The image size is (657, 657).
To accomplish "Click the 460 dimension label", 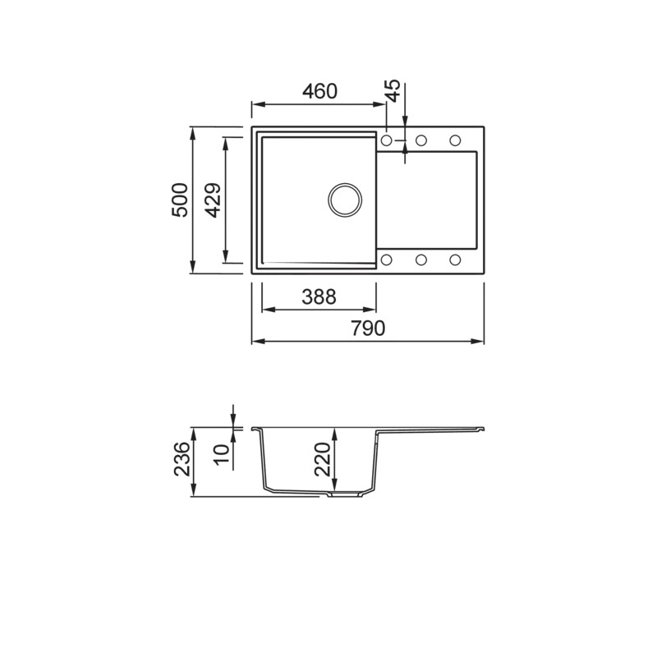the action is [319, 91].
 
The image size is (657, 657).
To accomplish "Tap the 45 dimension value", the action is [393, 90].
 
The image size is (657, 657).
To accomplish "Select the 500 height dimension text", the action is [180, 200].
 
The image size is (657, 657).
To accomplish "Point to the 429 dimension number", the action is [214, 200].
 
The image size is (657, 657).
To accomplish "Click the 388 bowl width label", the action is [319, 296].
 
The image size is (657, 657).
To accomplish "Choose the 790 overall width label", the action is [367, 328].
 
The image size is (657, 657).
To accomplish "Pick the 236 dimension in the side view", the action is [181, 459].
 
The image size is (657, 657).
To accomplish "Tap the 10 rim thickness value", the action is [222, 454].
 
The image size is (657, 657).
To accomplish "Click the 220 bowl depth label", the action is [323, 459].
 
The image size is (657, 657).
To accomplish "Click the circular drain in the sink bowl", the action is [345, 200].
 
